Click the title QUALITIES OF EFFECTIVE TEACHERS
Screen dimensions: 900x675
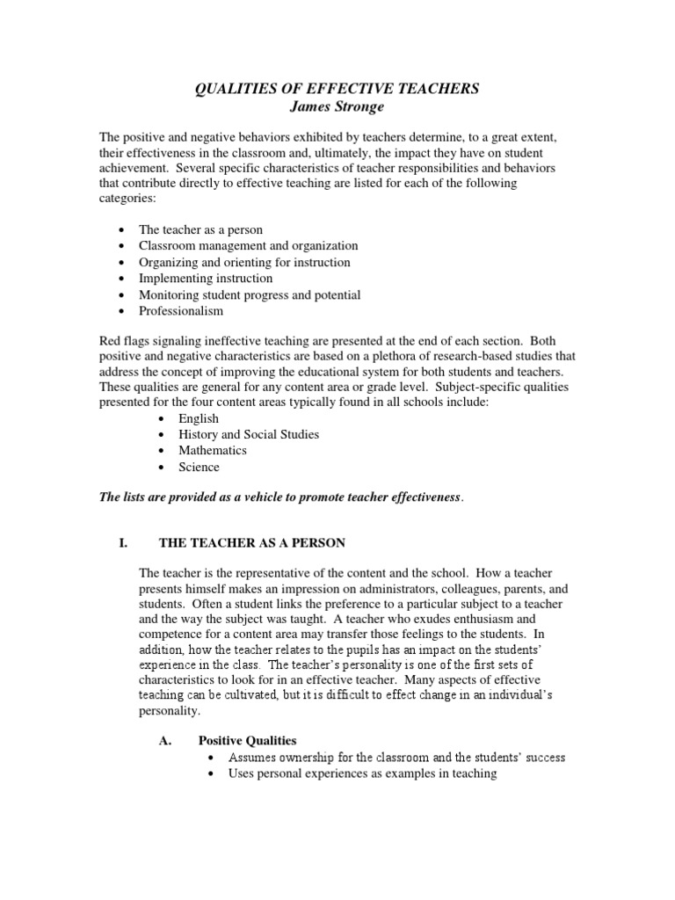tap(337, 89)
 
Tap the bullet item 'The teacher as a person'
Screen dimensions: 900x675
tap(200, 229)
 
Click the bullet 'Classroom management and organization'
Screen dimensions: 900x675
tap(248, 246)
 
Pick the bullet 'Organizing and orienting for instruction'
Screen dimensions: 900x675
tap(243, 262)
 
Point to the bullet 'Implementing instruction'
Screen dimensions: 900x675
tap(206, 278)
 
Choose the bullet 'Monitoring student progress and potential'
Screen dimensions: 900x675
tap(249, 294)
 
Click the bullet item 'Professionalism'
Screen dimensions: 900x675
tap(181, 310)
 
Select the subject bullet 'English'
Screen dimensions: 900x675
tap(198, 418)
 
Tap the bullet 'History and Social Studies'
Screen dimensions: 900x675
tap(248, 434)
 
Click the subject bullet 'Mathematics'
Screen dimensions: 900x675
tap(212, 450)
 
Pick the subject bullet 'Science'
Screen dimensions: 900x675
tap(199, 467)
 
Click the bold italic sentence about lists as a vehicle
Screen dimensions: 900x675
tap(279, 497)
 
